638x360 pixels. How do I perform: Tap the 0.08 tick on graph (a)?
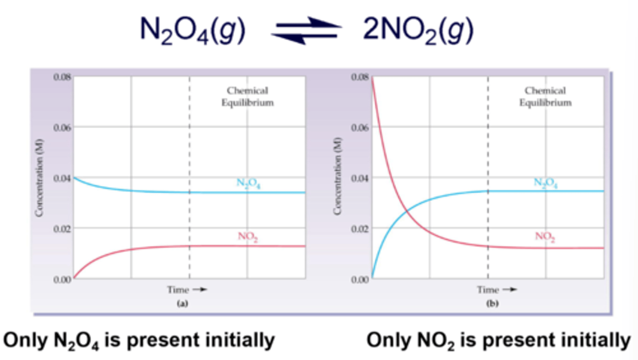[x=62, y=77]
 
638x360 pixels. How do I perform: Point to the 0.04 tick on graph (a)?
[x=62, y=178]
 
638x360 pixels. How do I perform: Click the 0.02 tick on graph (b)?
[x=360, y=228]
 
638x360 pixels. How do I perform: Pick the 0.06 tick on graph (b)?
[x=360, y=127]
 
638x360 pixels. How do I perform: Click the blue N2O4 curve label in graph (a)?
[x=247, y=184]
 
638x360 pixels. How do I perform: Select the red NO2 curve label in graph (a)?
[x=248, y=237]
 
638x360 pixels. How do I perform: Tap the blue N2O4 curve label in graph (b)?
[x=545, y=183]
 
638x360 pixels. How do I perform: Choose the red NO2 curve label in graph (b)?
[x=545, y=237]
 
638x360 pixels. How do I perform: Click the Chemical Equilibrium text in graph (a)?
[x=247, y=97]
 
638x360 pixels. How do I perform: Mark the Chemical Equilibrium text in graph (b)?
[x=545, y=97]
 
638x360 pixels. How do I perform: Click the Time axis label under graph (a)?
[x=187, y=290]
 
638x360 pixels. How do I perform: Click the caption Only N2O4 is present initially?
[x=139, y=340]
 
